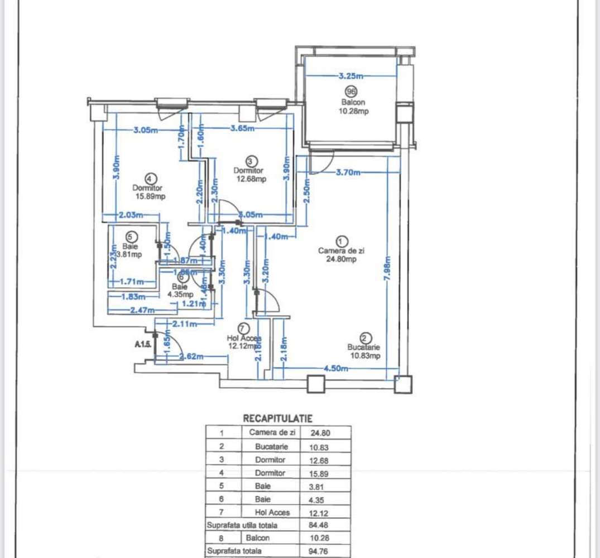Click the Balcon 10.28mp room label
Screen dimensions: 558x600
(352, 107)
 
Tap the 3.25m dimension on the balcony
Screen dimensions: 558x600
(351, 75)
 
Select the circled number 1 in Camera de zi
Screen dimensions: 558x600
(343, 241)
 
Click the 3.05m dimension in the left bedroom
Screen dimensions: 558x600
(146, 131)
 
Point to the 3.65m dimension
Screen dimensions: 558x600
(243, 129)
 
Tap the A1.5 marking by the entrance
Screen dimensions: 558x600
(143, 345)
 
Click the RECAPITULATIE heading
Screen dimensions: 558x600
(278, 418)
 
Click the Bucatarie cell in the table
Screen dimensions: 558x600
(271, 446)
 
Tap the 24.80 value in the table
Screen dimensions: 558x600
(326, 432)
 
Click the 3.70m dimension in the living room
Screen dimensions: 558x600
(349, 172)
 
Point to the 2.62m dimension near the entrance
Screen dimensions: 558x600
(190, 357)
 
